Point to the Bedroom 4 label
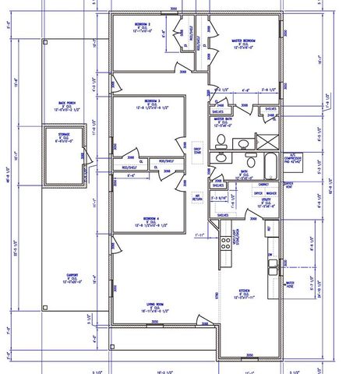pyautogui.click(x=153, y=219)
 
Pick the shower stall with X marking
pyautogui.click(x=266, y=141)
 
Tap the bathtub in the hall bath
pyautogui.click(x=268, y=165)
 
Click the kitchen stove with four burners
pyautogui.click(x=227, y=241)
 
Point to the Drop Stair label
pyautogui.click(x=198, y=150)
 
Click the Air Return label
pyautogui.click(x=197, y=198)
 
